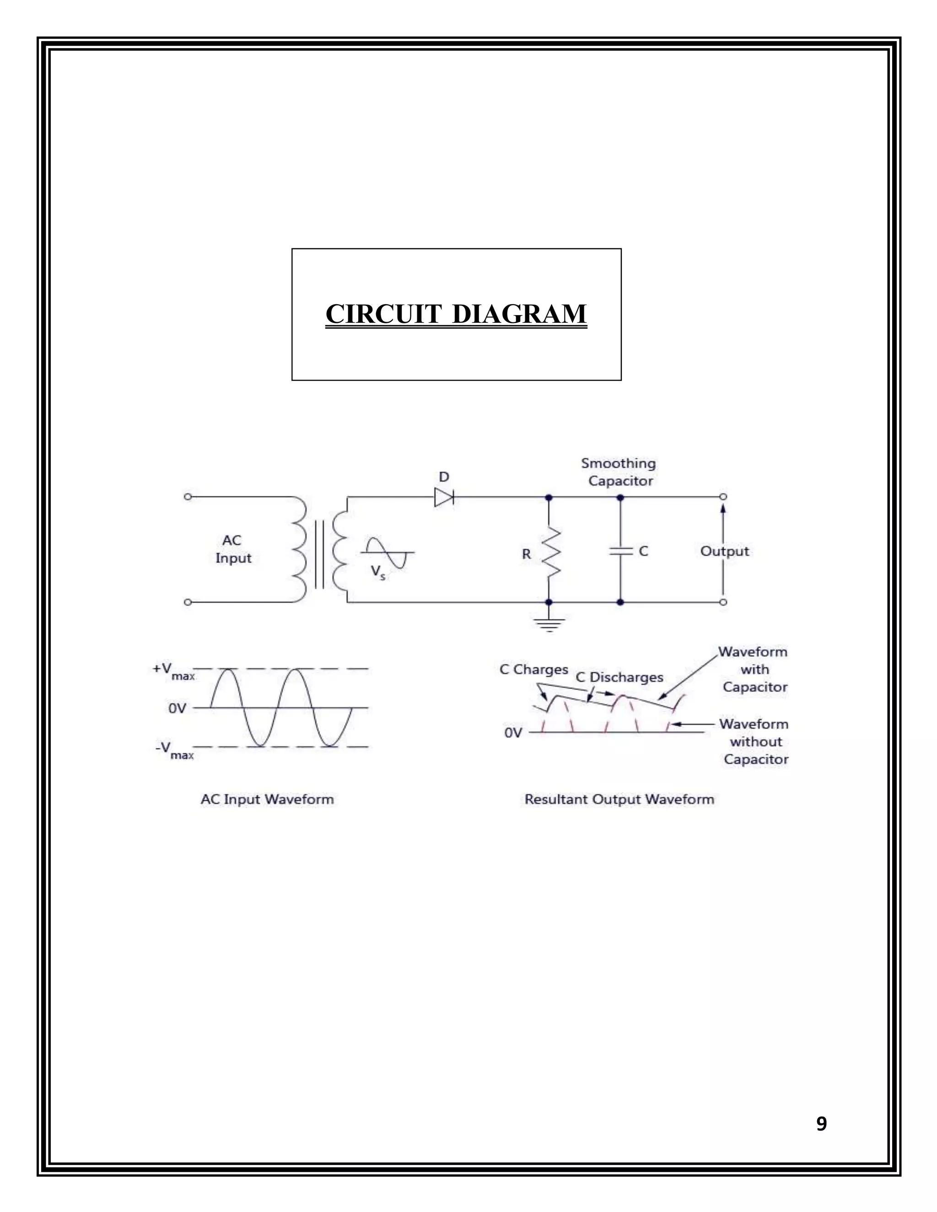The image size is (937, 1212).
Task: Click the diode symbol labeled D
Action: click(443, 497)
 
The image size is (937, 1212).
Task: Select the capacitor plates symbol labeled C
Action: click(620, 551)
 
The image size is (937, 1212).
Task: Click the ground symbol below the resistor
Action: click(549, 624)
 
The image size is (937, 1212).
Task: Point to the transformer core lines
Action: click(319, 554)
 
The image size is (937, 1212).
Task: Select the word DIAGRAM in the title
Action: click(520, 314)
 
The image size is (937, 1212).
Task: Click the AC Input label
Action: click(233, 549)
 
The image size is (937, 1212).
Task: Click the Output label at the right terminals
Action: click(724, 551)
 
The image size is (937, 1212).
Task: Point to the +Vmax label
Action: click(174, 671)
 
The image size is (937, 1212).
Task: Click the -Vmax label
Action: click(174, 750)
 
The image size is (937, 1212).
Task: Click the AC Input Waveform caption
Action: click(267, 799)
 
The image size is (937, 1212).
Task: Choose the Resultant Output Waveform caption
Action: click(619, 799)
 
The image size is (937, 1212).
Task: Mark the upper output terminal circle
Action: click(723, 497)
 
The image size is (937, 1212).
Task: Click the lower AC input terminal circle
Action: click(188, 602)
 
